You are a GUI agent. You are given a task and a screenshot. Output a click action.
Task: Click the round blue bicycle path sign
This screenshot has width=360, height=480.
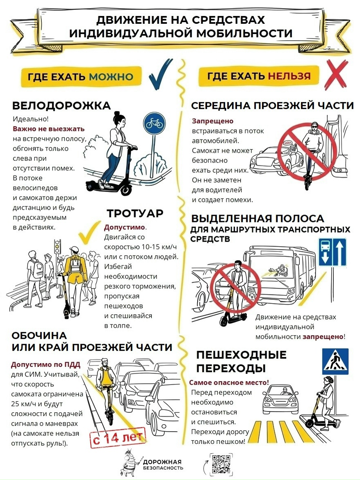click(154, 123)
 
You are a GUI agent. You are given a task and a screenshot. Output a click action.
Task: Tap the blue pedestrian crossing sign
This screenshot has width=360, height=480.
click(335, 361)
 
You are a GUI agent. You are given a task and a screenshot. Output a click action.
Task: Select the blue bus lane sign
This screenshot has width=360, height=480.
click(332, 252)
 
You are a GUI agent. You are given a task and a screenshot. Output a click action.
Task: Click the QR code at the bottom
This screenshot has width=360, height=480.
click(221, 464)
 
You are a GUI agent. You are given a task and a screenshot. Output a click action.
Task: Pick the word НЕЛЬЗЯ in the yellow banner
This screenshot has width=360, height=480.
click(289, 75)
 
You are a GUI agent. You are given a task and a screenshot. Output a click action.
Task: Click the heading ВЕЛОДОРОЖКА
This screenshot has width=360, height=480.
click(61, 105)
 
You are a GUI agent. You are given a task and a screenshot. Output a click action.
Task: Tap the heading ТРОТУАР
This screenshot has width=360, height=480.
click(135, 213)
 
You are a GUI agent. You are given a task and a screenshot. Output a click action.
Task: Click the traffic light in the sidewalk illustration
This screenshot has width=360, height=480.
click(57, 247)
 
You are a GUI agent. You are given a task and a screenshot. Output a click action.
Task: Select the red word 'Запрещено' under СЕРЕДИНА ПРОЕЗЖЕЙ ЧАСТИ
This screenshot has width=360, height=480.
click(212, 121)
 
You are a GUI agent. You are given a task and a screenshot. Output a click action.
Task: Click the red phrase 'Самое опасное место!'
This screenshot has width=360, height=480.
click(229, 382)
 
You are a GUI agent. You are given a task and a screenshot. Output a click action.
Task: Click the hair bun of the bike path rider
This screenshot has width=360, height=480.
click(116, 113)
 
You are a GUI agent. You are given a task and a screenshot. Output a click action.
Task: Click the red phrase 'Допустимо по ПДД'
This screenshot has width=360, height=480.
click(46, 365)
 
